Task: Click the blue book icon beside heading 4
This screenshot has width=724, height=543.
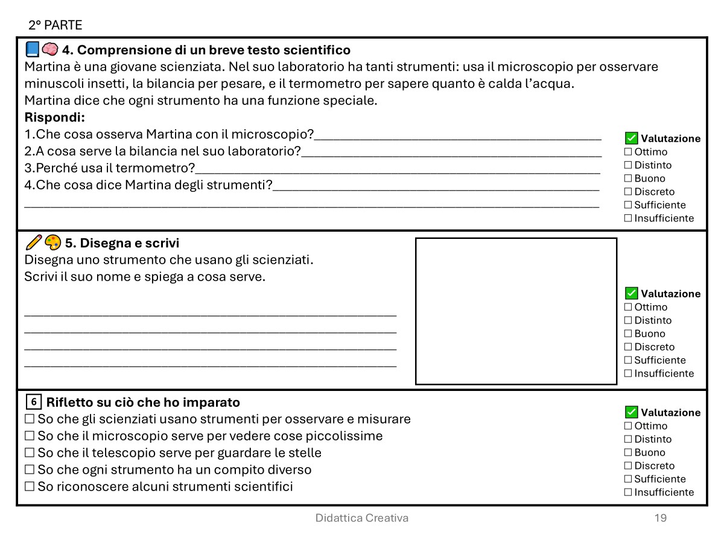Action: (33, 49)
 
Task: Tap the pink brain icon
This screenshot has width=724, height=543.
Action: (50, 49)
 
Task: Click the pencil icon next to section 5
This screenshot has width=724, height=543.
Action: (34, 243)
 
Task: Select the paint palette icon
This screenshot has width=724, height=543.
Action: (52, 243)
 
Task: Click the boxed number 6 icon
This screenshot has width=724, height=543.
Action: (34, 402)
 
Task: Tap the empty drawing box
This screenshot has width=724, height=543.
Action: (516, 311)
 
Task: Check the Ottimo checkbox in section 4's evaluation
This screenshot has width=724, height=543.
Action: (628, 152)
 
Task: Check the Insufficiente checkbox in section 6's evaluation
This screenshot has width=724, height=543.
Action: (628, 492)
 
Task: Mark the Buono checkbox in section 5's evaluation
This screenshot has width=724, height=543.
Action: (628, 334)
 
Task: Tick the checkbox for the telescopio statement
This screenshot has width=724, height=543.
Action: (30, 453)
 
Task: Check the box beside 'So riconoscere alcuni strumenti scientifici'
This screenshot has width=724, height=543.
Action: (30, 486)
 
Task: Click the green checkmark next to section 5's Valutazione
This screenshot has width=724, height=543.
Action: (632, 293)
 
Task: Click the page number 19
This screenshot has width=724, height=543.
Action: (661, 518)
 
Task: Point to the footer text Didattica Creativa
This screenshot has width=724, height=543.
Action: (362, 518)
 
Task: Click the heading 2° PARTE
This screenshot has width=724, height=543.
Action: (55, 25)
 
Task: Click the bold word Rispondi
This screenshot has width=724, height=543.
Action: (54, 117)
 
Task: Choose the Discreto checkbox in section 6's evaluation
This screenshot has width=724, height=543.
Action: (628, 466)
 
